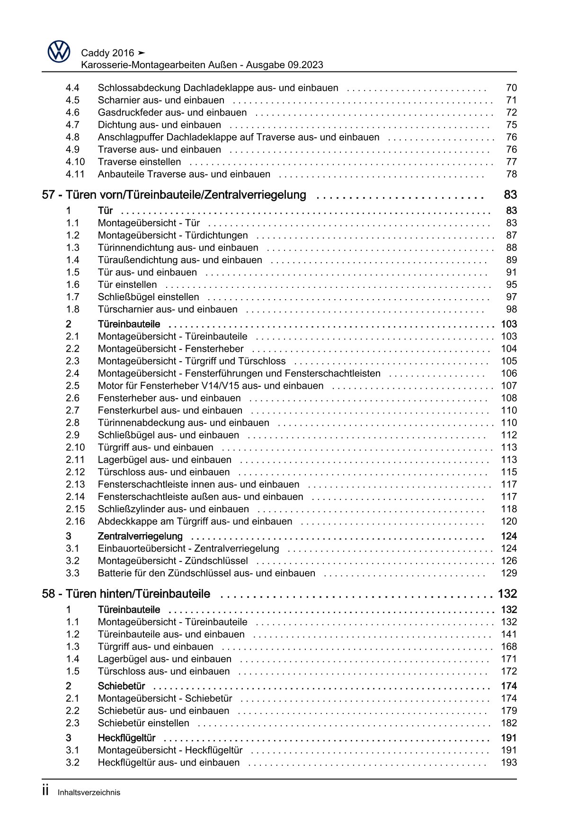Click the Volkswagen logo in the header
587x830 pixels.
[59, 52]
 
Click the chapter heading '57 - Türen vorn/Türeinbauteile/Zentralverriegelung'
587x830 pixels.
[174, 195]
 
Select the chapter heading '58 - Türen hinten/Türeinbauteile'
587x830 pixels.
[126, 594]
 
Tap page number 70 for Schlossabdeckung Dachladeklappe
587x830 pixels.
[511, 88]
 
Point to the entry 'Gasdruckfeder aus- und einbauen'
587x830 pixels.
[172, 113]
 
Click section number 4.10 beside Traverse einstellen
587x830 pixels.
[75, 162]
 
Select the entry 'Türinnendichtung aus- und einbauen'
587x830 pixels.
[178, 248]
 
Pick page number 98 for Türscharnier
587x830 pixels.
[511, 309]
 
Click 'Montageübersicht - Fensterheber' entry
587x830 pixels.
[170, 349]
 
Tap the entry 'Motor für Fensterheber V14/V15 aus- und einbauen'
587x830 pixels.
[211, 386]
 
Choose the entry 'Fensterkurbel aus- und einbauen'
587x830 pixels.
[170, 411]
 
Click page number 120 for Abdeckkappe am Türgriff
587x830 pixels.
[509, 521]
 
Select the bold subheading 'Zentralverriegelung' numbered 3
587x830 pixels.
[140, 536]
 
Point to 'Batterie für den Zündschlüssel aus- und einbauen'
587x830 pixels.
[206, 573]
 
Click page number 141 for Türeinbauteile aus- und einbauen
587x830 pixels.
[509, 634]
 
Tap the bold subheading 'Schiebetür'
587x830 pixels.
[121, 686]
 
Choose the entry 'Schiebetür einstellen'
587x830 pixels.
[143, 723]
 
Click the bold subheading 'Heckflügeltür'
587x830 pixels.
[126, 738]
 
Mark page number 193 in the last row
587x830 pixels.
[509, 763]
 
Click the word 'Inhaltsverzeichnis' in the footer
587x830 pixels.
[89, 793]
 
